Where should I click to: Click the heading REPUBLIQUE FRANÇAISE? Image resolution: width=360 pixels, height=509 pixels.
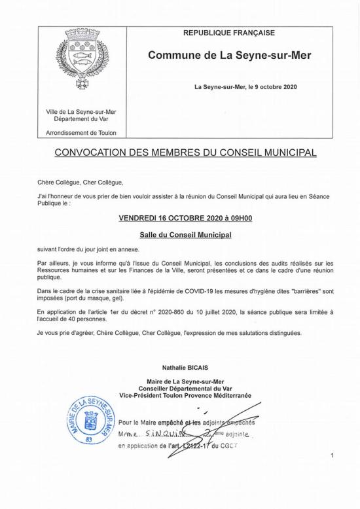pyautogui.click(x=228, y=33)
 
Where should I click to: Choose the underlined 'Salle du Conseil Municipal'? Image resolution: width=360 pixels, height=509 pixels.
pyautogui.click(x=186, y=234)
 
